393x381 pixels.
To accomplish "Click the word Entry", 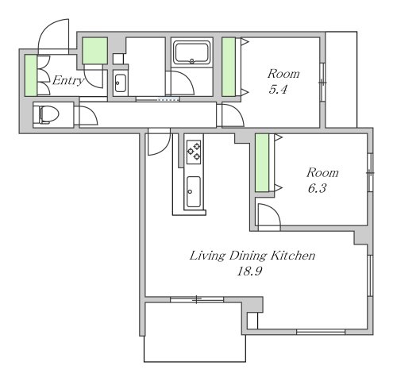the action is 68,81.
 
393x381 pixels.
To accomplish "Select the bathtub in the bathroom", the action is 192,52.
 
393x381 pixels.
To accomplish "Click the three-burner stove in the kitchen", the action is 194,152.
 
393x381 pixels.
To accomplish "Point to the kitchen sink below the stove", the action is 194,191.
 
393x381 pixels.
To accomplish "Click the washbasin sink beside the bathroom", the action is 121,83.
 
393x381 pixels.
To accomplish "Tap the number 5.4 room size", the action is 278,90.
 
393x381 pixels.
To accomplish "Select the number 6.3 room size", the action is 317,189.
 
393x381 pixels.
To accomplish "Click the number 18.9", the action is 249,271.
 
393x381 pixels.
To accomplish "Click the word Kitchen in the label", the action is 293,256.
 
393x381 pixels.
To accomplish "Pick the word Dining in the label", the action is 248,256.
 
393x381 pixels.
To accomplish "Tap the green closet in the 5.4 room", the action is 229,67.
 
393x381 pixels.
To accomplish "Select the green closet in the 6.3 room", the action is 262,163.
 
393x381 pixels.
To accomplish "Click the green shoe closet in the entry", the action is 31,75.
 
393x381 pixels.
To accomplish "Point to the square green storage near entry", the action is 94,51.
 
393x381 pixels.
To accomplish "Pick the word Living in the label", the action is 208,256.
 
